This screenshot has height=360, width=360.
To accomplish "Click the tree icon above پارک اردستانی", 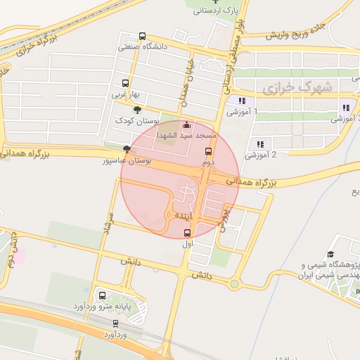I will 215,1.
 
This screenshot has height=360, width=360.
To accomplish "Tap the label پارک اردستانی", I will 217,11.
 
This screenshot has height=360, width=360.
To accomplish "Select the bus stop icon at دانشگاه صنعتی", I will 143,37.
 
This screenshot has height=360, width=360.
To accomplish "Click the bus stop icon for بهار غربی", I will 126,83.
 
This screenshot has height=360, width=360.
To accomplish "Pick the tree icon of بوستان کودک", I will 137,110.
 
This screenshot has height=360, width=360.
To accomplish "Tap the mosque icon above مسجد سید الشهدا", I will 186,125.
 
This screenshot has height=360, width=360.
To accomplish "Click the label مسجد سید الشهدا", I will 186,134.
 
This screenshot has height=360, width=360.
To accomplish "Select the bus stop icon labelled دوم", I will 207,152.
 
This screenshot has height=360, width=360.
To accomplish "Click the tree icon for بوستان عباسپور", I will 127,149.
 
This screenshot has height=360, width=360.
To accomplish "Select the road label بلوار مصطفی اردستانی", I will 234,56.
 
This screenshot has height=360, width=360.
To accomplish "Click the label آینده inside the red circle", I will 182,214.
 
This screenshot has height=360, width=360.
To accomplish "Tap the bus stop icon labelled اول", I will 187,233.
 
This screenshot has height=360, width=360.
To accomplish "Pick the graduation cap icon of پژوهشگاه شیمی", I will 330,255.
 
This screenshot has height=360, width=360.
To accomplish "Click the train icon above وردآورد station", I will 116,323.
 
